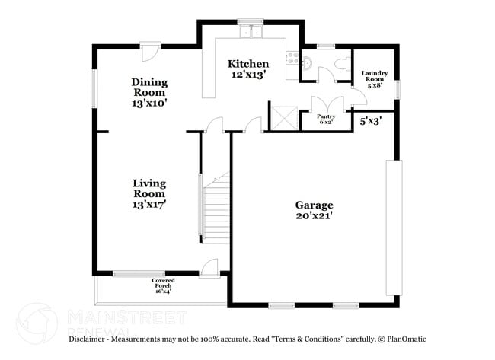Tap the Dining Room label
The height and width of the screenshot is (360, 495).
click(149, 91)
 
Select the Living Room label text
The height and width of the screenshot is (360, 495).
click(149, 193)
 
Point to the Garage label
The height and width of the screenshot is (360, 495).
click(314, 210)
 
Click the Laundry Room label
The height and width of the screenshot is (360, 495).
click(375, 79)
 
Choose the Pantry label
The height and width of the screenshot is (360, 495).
click(327, 119)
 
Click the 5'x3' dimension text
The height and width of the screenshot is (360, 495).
click(371, 119)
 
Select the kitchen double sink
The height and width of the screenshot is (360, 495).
click(251, 32)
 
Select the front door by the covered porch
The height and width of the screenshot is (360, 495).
click(209, 267)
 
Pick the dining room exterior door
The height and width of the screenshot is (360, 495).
click(150, 51)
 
